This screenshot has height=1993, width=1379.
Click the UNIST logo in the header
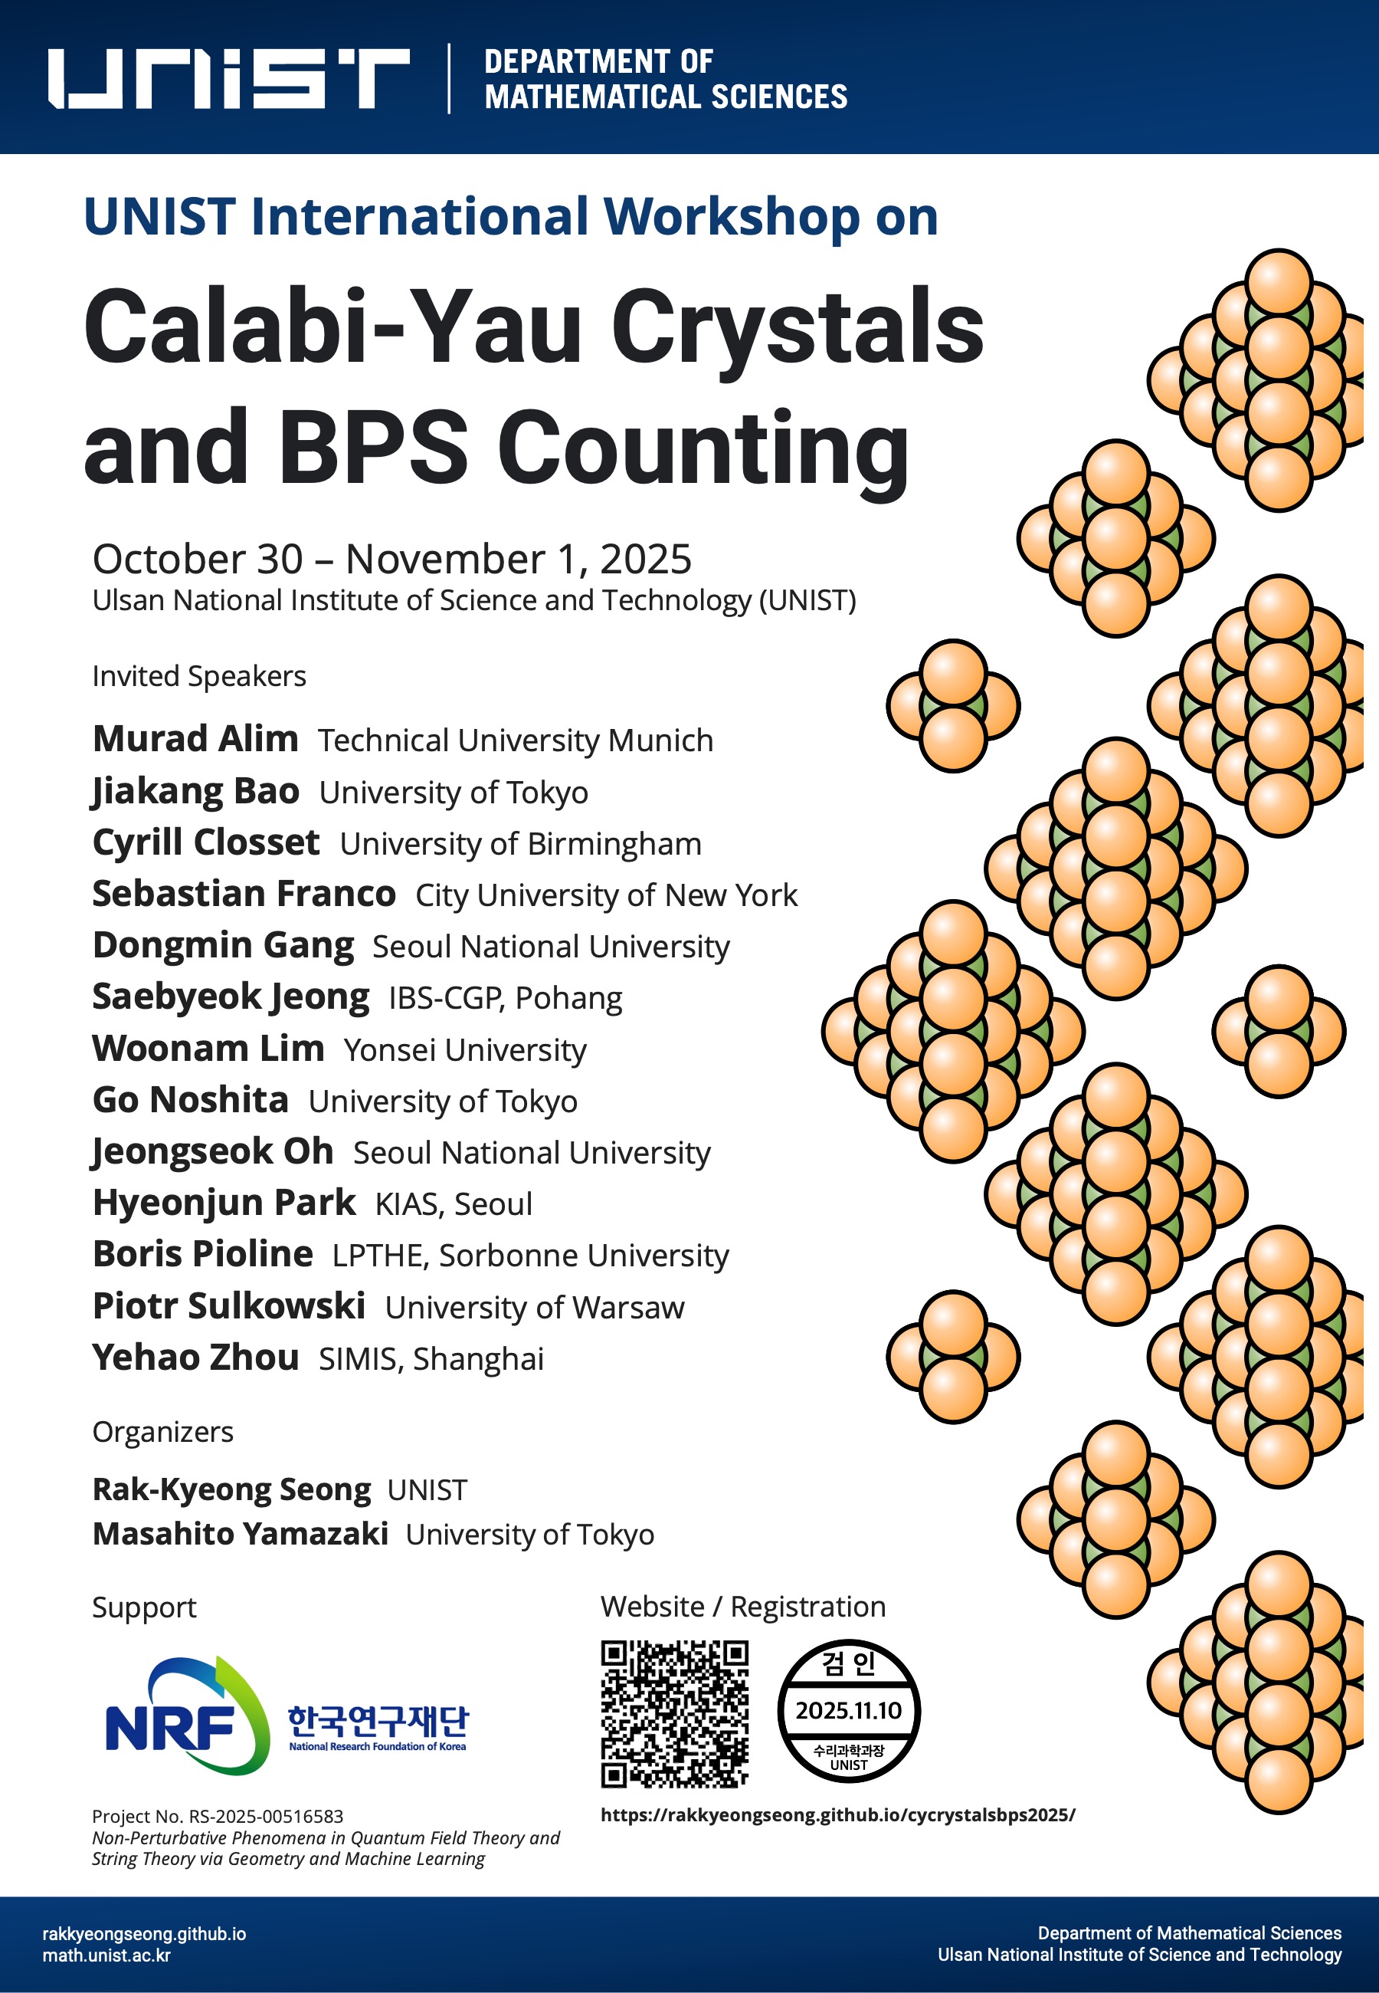coord(228,77)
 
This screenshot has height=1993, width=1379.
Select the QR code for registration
coord(674,1714)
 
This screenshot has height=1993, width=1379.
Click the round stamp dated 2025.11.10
coord(849,1710)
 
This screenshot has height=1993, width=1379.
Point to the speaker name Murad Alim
coord(195,739)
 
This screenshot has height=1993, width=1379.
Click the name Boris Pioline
coord(203,1254)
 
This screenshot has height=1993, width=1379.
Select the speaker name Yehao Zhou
coord(195,1357)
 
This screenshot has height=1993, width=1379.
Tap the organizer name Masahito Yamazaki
coord(241,1534)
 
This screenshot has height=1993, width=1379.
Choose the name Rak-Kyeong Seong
coord(231,1489)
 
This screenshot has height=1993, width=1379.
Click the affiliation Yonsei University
coord(465,1050)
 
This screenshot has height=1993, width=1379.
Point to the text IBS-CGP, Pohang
coord(506,998)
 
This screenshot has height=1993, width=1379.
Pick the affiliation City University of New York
coord(607,895)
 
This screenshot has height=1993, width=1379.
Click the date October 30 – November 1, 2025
coord(391,559)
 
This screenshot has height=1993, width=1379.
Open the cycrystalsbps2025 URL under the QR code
coord(837,1815)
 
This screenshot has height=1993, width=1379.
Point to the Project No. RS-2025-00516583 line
coord(218,1816)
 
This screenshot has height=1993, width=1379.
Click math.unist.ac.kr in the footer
coord(106,1955)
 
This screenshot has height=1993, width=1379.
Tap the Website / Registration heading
coord(743,1607)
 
